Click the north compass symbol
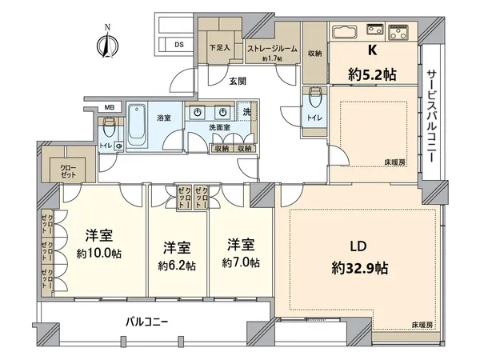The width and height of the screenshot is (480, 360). pyautogui.click(x=106, y=42)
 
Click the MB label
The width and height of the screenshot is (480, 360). pyautogui.click(x=109, y=107)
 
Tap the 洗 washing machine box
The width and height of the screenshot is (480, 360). pyautogui.click(x=246, y=113)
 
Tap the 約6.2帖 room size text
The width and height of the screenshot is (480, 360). pyautogui.click(x=178, y=265)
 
